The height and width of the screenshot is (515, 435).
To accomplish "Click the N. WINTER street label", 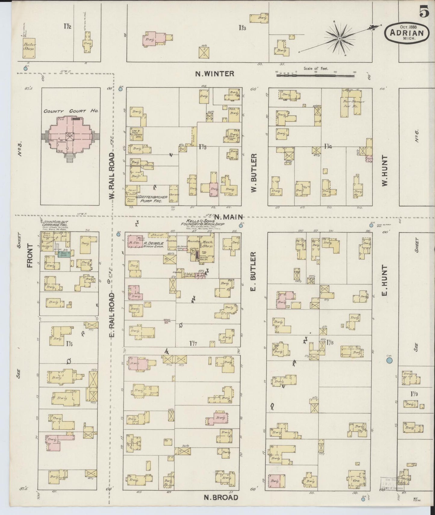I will point(214,73).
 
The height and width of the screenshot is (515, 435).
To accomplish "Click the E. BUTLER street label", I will point(253,271).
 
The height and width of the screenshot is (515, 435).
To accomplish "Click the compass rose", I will point(340,39).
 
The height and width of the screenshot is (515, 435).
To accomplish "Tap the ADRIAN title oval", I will point(406,32).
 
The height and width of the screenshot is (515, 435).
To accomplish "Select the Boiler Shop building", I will point(29,48).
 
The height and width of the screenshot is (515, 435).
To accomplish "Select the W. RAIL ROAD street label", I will point(112,176).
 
